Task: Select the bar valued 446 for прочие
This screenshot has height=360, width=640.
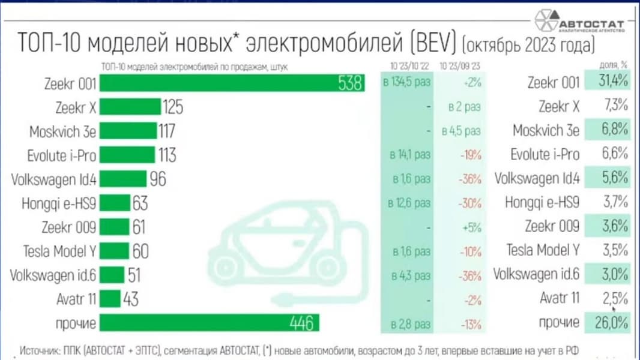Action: coord(208,323)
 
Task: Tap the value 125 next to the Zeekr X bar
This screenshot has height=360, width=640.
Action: coord(172,107)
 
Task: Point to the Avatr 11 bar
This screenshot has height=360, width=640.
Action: coord(109,298)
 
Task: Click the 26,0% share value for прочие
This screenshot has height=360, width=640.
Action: coord(612,323)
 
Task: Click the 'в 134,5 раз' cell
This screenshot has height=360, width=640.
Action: coord(406,83)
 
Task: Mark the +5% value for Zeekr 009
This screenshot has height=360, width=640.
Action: coord(472,227)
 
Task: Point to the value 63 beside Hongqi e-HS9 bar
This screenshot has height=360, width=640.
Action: coord(140,203)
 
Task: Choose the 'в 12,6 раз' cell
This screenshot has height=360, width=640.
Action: coord(408,203)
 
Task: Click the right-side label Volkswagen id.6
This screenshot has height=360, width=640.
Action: coord(536,275)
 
